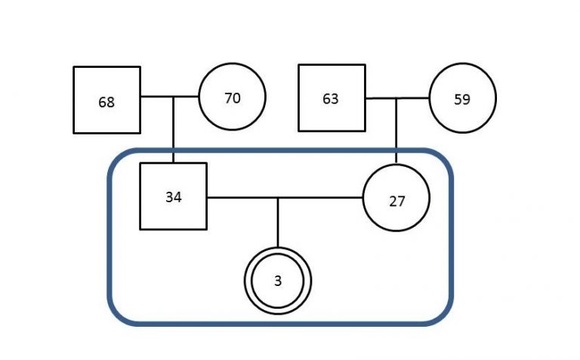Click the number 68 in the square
106,103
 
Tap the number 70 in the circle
233,98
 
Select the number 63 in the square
331,99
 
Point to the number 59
462,100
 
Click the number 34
174,198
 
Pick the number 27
397,202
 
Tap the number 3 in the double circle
278,281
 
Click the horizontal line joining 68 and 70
170,97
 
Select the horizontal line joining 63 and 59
397,98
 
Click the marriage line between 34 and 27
285,198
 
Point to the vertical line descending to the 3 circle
278,223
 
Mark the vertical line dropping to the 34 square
174,130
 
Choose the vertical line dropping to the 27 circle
396,131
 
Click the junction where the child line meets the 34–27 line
278,198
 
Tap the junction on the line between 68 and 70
174,97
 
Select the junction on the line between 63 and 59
396,98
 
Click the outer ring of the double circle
278,248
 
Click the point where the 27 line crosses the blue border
396,150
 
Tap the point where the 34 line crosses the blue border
174,150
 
